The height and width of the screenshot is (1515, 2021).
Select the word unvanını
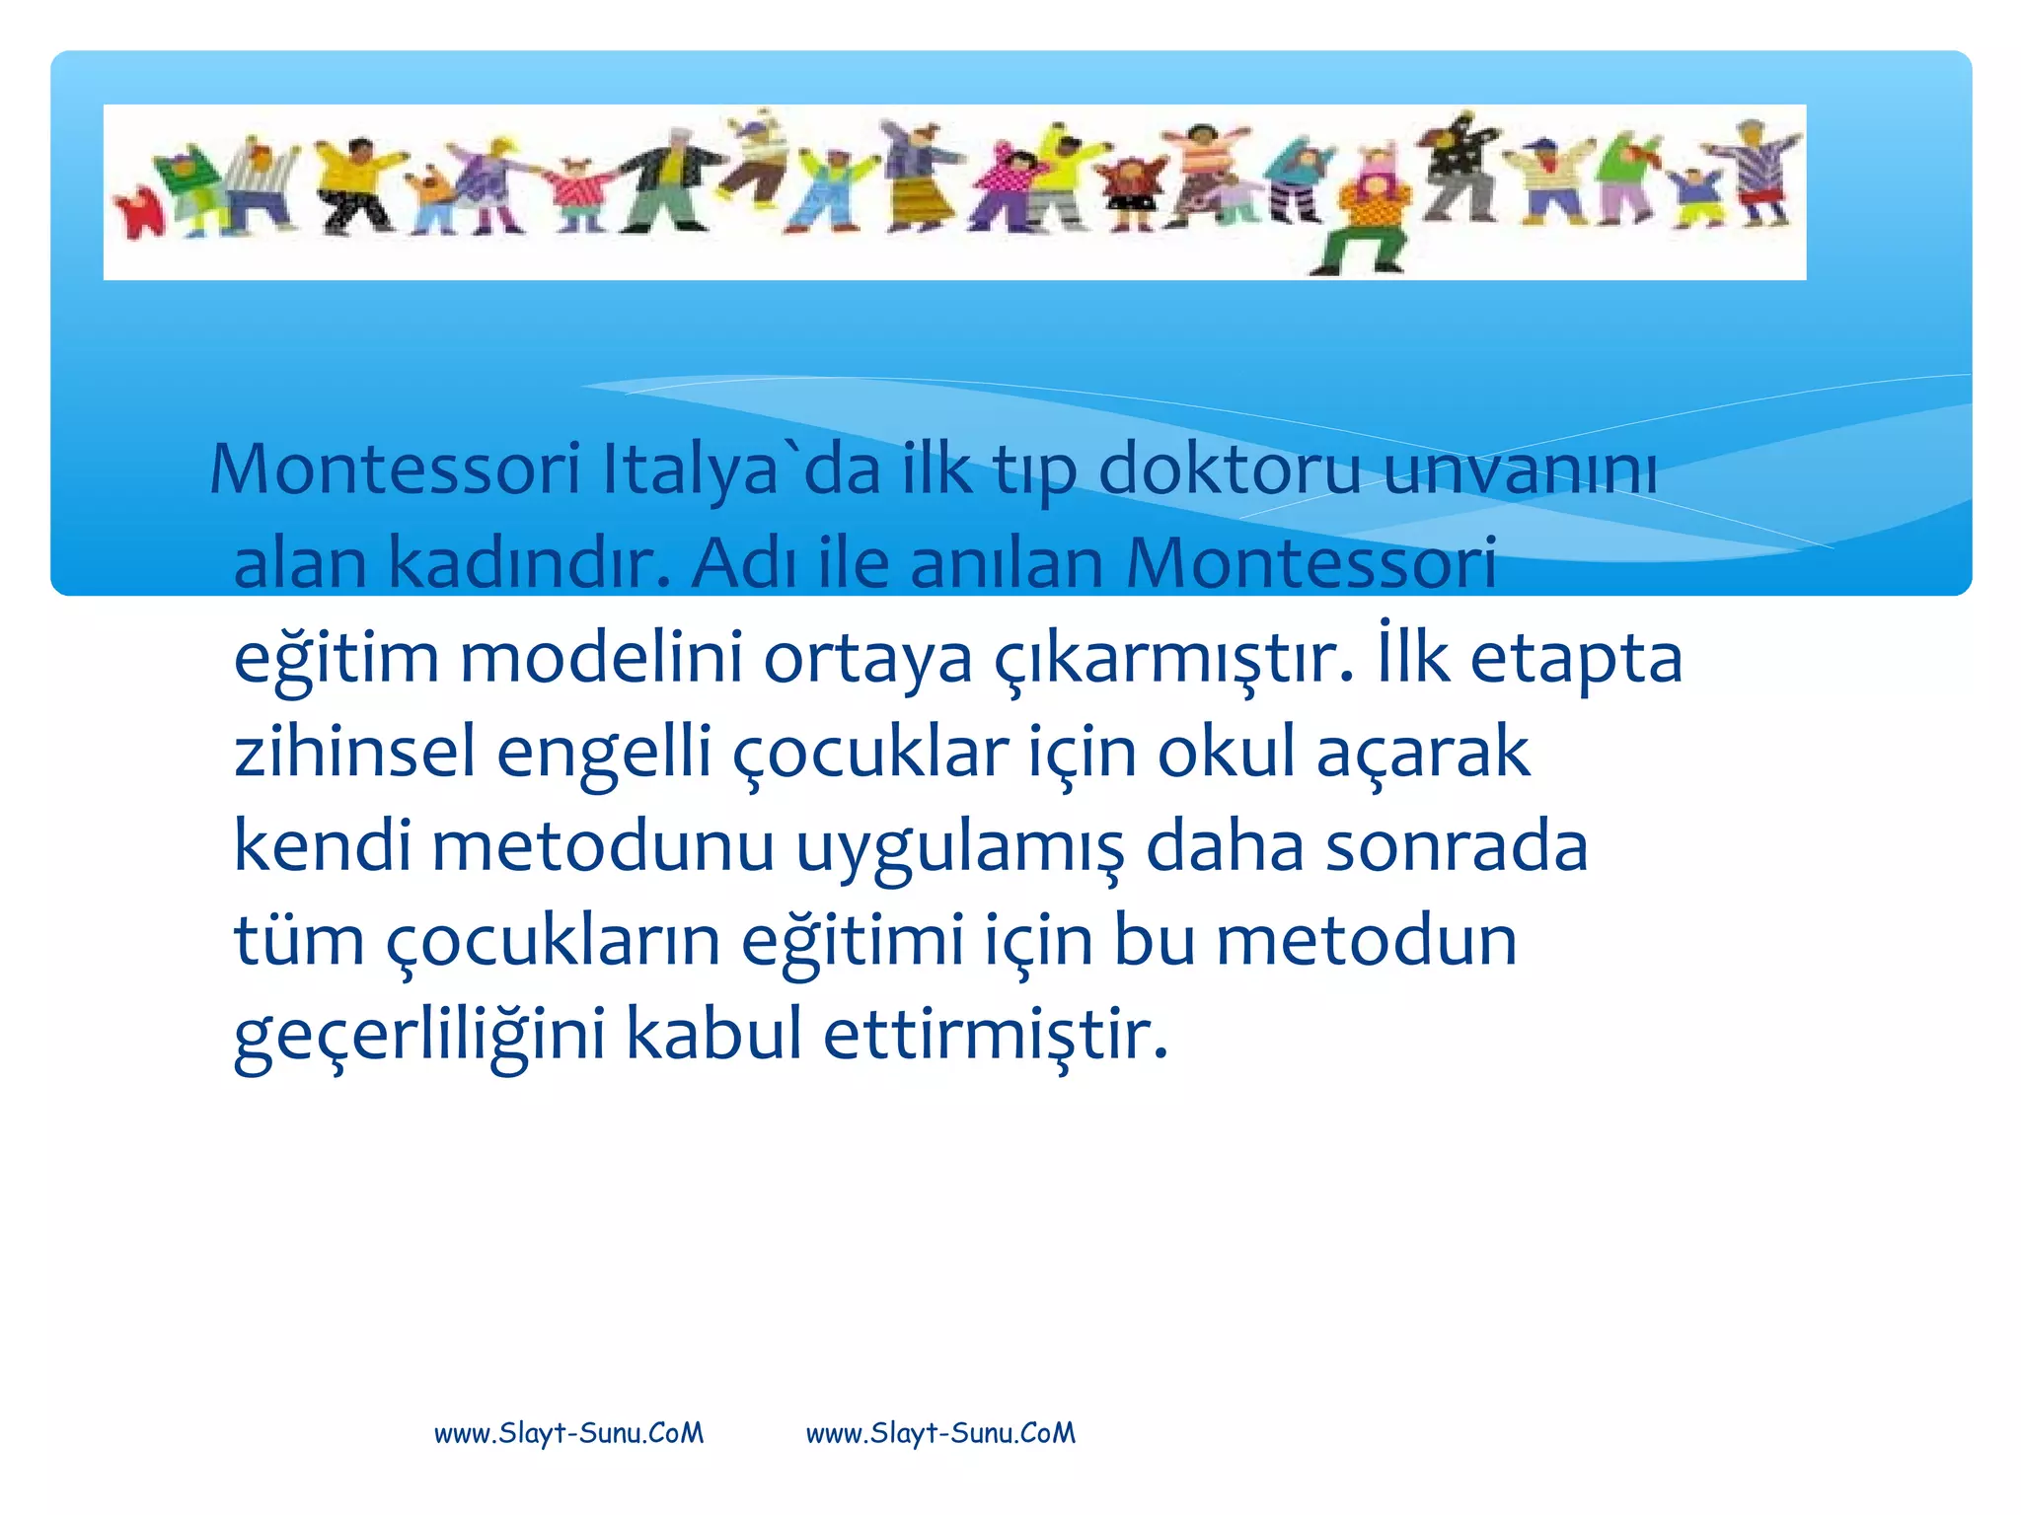coord(1520,469)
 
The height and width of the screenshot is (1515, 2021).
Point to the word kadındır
coord(529,564)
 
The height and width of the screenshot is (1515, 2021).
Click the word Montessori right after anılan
coord(1311,564)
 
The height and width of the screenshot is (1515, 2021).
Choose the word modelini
coord(601,658)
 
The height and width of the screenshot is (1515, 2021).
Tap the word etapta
coord(1576,658)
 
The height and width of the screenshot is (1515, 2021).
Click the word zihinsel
coord(354,752)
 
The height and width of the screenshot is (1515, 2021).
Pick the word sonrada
coord(1456,846)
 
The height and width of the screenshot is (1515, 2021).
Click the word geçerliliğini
coord(419,1036)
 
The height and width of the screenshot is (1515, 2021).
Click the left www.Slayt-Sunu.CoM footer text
coord(569,1433)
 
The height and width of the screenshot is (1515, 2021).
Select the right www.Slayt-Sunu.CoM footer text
coord(940,1433)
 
